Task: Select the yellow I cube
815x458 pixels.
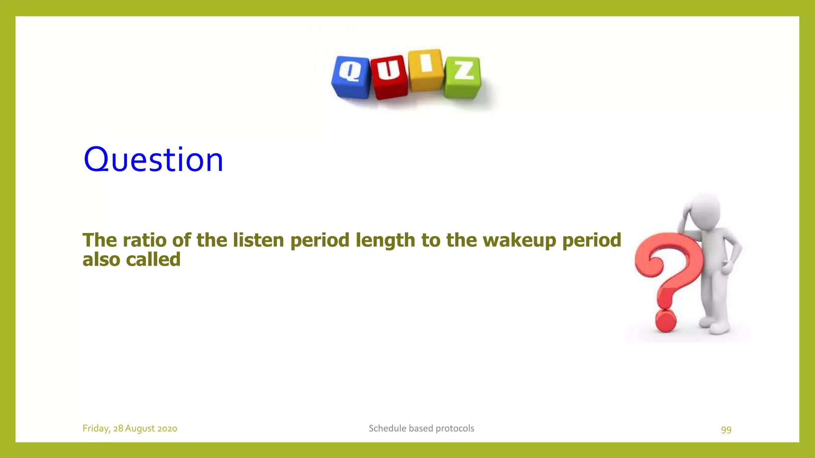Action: tap(426, 70)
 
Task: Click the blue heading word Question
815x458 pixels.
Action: tap(153, 159)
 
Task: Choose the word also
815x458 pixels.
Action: tap(101, 260)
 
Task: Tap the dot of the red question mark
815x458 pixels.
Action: tap(665, 321)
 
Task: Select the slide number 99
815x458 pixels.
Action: tap(726, 429)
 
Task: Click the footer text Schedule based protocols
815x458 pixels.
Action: tap(421, 428)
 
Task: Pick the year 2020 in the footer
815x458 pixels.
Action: tap(167, 429)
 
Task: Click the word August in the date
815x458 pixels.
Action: tap(140, 429)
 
